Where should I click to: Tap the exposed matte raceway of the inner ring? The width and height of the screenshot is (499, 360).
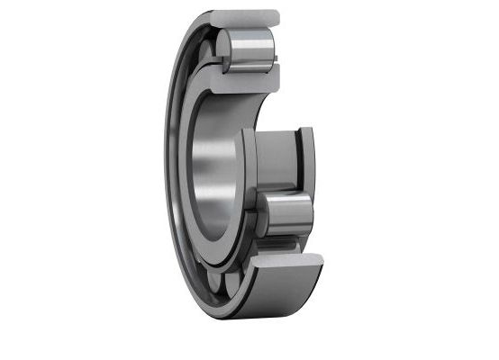[274, 162]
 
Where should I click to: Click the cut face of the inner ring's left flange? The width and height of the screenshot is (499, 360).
[249, 162]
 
